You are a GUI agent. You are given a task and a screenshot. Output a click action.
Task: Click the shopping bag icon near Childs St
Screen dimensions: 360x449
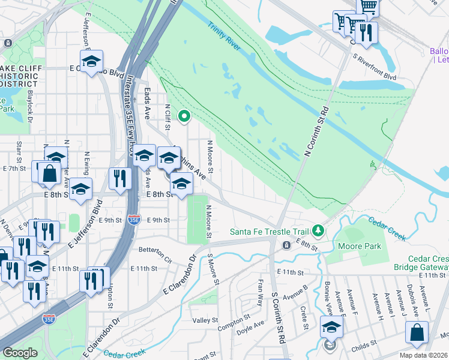coord(417,332)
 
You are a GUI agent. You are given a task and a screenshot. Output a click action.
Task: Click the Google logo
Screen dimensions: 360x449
coord(20,353)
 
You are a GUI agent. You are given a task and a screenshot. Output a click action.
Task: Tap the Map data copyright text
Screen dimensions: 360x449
coord(424,355)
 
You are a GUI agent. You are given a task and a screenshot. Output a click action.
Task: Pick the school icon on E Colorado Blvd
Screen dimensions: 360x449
coord(91,61)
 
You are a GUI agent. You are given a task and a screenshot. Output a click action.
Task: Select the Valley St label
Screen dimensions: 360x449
coord(205,321)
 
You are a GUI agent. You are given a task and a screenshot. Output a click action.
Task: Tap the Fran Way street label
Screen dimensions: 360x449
coord(260,292)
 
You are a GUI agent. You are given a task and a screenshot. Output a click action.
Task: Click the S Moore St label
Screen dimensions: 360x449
coord(211,268)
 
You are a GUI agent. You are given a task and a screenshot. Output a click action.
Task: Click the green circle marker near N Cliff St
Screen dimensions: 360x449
coord(185,116)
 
